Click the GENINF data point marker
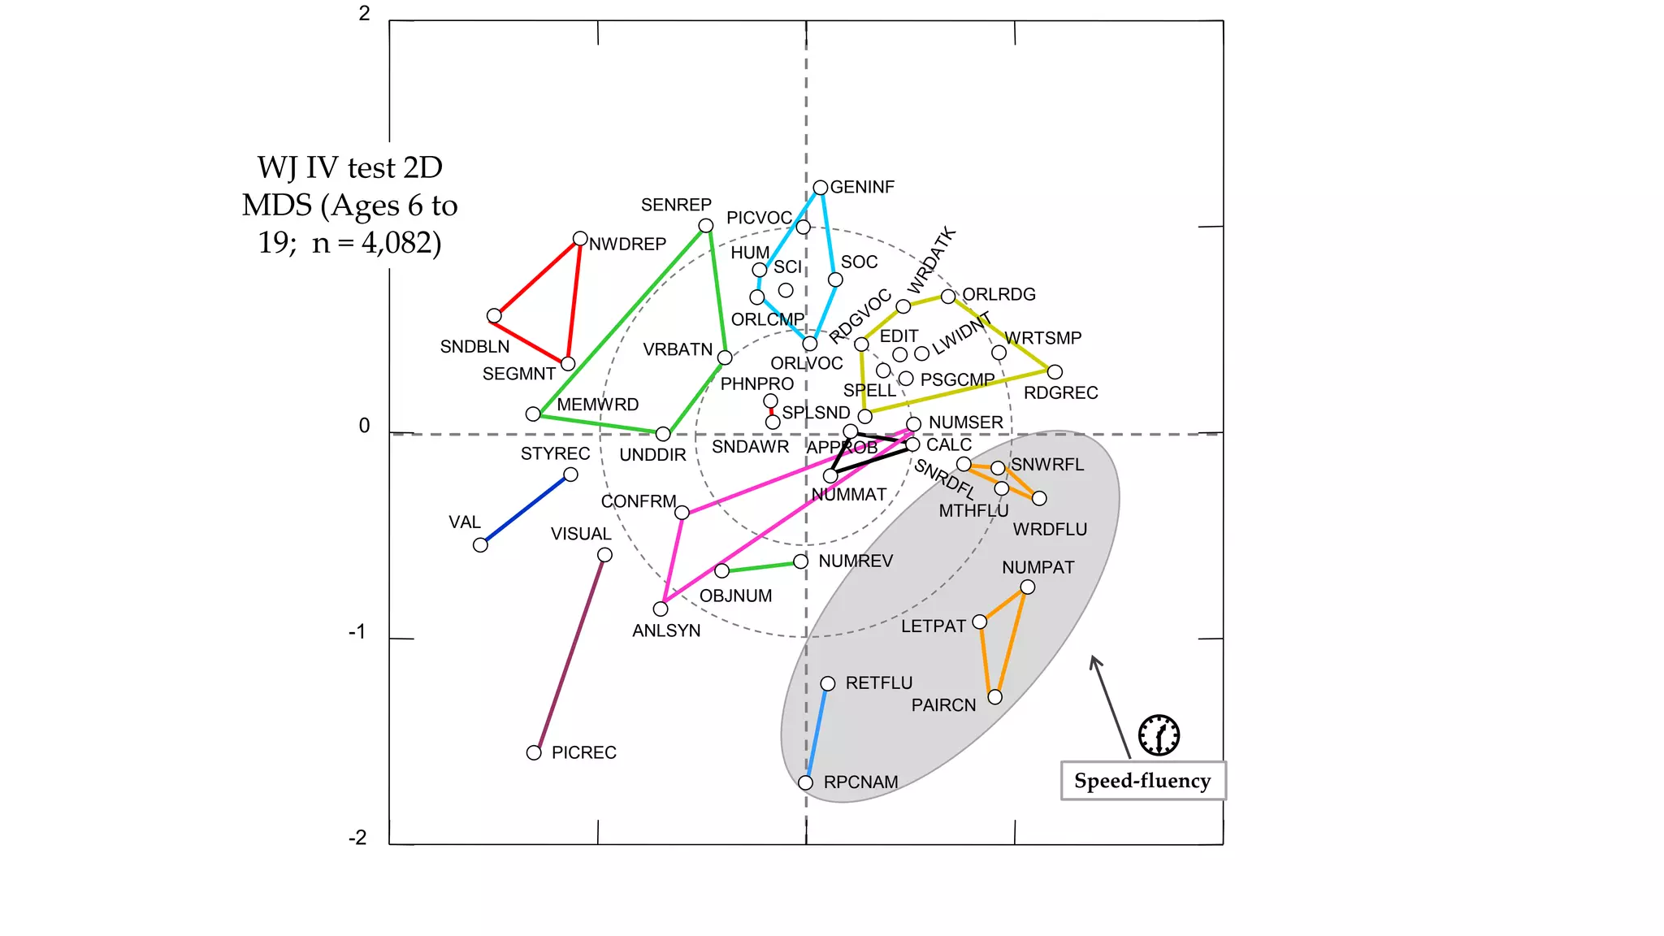[821, 188]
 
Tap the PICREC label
[584, 753]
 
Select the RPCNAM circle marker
[805, 783]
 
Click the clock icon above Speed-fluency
[1159, 735]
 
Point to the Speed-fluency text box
[1143, 781]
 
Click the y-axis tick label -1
[358, 632]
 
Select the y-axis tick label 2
[365, 13]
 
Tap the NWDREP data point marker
[580, 239]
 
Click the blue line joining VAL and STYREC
[526, 509]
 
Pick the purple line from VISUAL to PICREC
[569, 654]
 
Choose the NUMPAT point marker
[1028, 587]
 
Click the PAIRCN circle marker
[995, 697]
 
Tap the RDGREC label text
[1061, 393]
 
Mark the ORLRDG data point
[948, 297]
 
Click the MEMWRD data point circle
[533, 414]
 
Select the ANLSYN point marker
[661, 609]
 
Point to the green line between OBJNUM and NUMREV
[761, 566]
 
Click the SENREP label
[676, 205]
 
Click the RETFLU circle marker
[828, 684]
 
